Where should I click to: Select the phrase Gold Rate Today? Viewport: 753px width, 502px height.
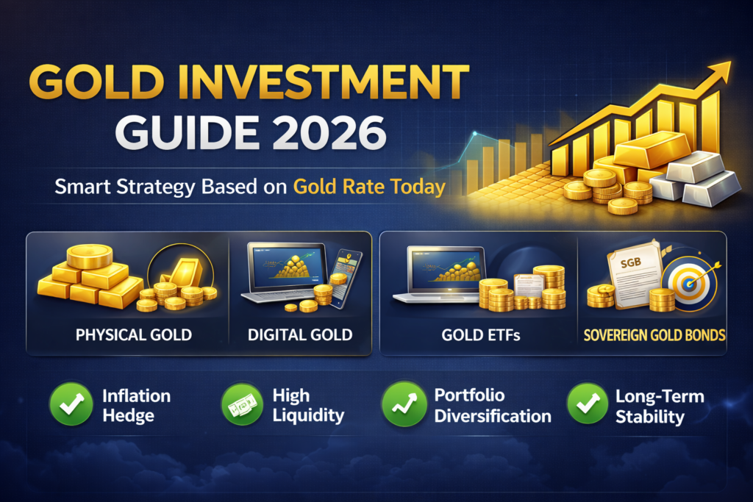(x=369, y=187)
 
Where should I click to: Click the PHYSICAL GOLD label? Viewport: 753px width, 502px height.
(x=133, y=335)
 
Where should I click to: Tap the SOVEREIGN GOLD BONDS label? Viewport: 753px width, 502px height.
(x=653, y=335)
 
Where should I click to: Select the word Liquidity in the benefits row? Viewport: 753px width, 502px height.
(x=308, y=415)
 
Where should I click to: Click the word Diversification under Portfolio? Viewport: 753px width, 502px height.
(x=493, y=416)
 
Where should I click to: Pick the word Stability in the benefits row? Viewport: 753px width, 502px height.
(x=649, y=417)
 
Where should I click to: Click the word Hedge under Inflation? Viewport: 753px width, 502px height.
(x=129, y=415)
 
